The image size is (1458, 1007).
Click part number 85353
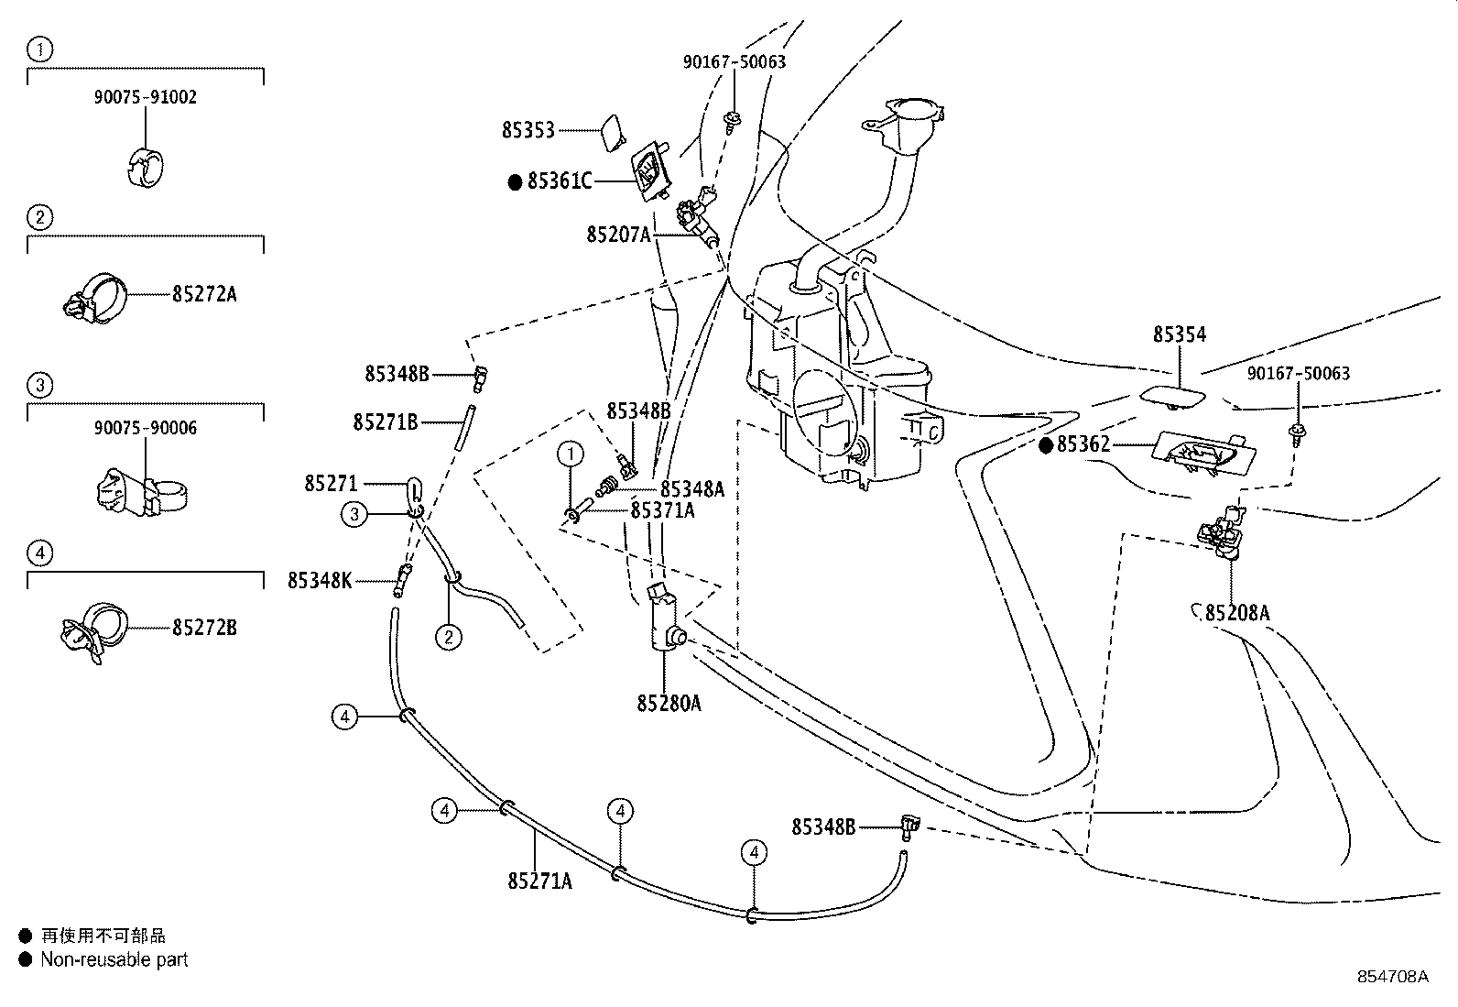(x=528, y=130)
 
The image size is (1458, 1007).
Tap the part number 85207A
(x=618, y=235)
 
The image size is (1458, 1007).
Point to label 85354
(x=1179, y=334)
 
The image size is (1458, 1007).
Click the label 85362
(x=1083, y=444)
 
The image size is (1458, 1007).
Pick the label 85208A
(x=1236, y=613)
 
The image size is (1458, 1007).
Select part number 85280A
(x=669, y=703)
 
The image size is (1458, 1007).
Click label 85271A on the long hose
(x=539, y=881)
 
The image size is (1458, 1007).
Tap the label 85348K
(x=320, y=580)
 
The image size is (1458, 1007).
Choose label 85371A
(x=662, y=510)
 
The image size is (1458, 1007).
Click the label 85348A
(x=691, y=489)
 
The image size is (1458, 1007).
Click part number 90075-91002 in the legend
(x=145, y=97)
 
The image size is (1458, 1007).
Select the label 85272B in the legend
(x=204, y=628)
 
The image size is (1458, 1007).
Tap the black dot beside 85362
(x=1046, y=445)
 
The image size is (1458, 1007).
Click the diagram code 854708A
(x=1392, y=977)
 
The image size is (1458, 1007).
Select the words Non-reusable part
(x=114, y=959)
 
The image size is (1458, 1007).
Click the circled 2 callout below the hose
(x=448, y=636)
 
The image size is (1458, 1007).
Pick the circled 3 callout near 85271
(x=354, y=514)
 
